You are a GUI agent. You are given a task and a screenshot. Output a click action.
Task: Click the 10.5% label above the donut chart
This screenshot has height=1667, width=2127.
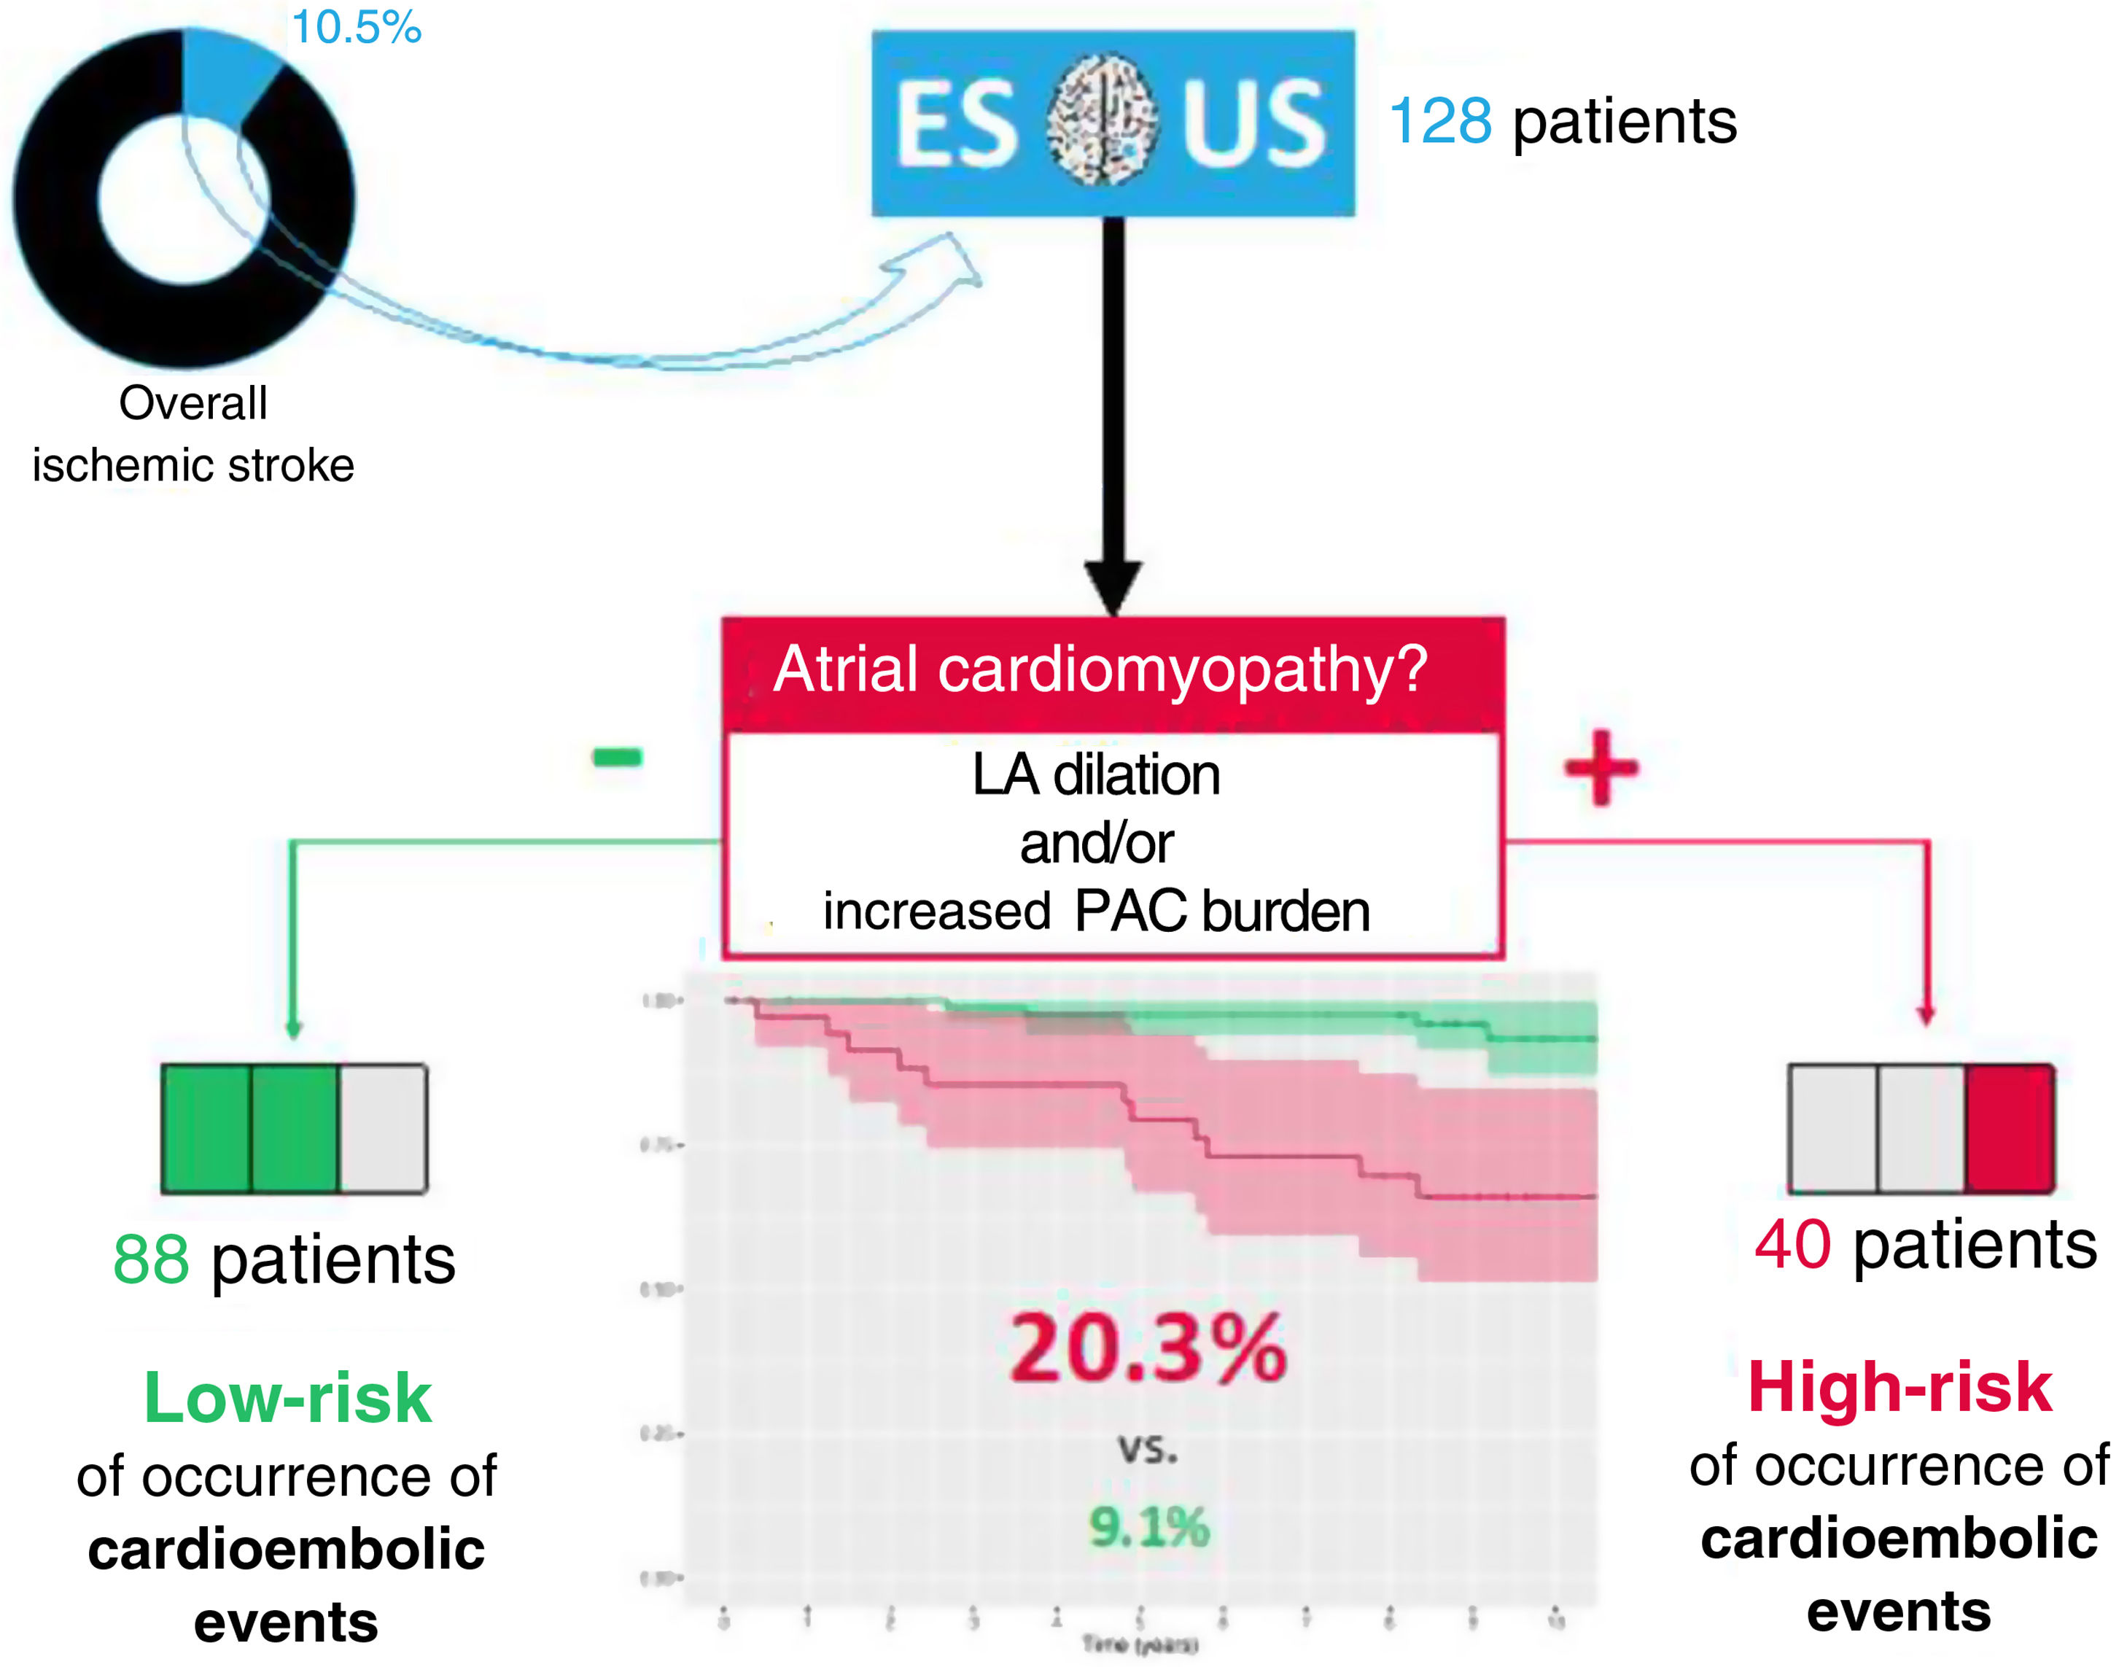[356, 27]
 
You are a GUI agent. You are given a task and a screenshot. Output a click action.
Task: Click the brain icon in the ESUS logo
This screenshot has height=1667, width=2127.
[1102, 121]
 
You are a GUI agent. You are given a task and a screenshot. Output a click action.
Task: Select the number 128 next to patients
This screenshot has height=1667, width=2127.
[1439, 122]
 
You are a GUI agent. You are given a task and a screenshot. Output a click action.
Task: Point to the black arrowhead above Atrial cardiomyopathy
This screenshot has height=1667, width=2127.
[1114, 586]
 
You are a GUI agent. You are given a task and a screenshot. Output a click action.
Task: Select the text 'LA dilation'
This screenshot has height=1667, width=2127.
[1096, 776]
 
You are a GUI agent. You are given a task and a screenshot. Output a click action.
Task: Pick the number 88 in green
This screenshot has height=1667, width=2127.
[151, 1260]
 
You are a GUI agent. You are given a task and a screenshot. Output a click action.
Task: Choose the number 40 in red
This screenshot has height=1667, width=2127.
[1792, 1246]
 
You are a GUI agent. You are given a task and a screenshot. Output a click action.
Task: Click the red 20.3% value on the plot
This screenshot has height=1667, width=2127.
[1148, 1350]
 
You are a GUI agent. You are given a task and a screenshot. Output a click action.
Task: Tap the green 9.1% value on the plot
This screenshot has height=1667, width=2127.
[1148, 1528]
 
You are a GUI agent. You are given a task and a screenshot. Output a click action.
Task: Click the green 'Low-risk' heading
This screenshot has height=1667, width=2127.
[288, 1398]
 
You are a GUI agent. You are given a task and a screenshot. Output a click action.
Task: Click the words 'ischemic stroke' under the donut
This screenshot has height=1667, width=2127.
[193, 465]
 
